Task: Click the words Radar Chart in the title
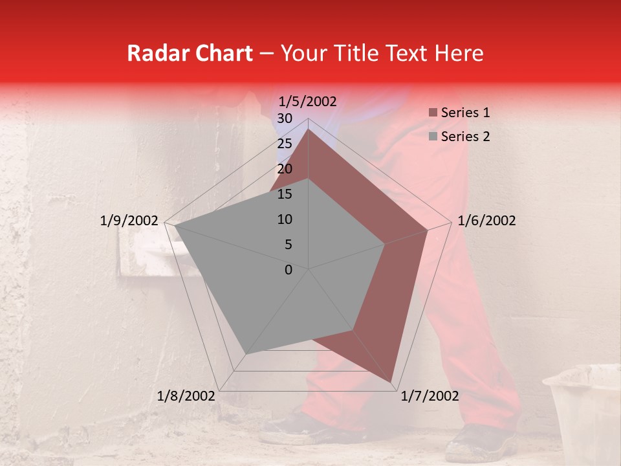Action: pyautogui.click(x=190, y=53)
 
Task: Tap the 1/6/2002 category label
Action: pyautogui.click(x=486, y=221)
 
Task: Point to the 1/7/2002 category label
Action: pyautogui.click(x=430, y=396)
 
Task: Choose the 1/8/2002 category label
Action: pyautogui.click(x=186, y=396)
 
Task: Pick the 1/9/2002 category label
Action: pyautogui.click(x=129, y=221)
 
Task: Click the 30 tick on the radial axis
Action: pyautogui.click(x=284, y=118)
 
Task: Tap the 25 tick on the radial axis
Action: pyautogui.click(x=284, y=144)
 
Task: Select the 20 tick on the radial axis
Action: pyautogui.click(x=284, y=169)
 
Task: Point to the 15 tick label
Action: pyautogui.click(x=284, y=194)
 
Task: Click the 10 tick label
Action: pyautogui.click(x=284, y=219)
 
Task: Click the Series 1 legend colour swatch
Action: pyautogui.click(x=433, y=113)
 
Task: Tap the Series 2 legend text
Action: pyautogui.click(x=465, y=137)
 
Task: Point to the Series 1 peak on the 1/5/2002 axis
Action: pyautogui.click(x=309, y=129)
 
